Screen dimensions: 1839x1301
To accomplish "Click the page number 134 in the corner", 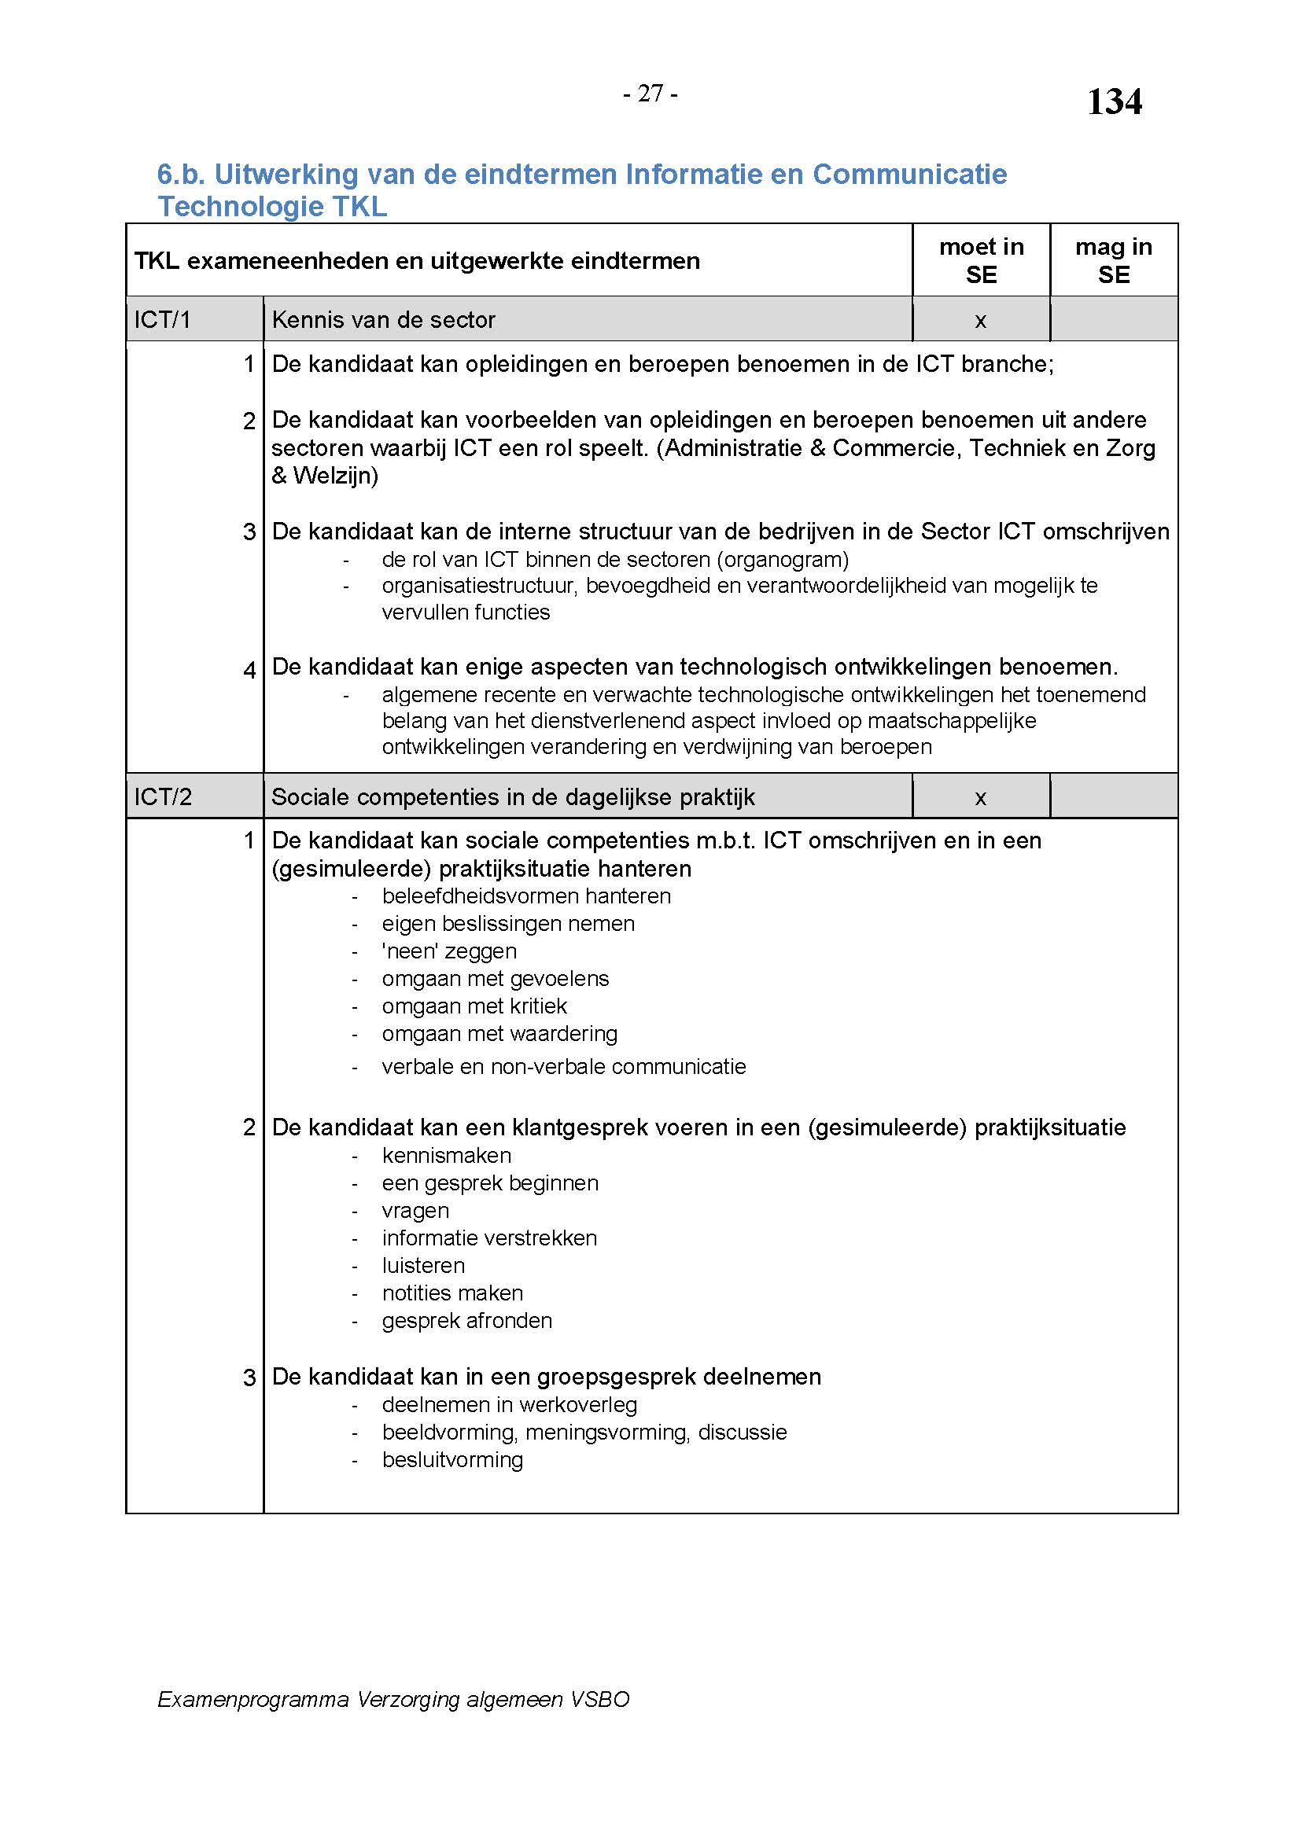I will [1114, 102].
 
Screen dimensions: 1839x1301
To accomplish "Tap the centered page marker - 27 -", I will [650, 94].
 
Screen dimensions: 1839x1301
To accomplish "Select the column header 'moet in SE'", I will [981, 260].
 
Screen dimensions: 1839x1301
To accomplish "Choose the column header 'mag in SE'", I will [1113, 260].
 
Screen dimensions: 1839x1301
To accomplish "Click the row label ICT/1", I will [163, 319].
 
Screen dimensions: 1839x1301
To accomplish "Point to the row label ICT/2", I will [163, 797].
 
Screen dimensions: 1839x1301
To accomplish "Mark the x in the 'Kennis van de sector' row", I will [980, 322].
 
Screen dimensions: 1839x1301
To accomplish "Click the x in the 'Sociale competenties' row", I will [980, 798].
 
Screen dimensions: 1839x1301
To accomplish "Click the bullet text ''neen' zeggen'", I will [448, 951].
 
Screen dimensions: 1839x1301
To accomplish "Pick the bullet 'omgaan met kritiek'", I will [474, 1006].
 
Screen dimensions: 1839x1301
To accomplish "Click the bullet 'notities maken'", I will [451, 1292].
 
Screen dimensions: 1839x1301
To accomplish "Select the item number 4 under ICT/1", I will [249, 669].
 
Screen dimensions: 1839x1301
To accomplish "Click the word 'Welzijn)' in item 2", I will [336, 476].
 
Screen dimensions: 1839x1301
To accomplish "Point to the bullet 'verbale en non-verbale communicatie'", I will [563, 1066].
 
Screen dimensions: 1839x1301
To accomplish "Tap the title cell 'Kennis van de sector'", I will [383, 319].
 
